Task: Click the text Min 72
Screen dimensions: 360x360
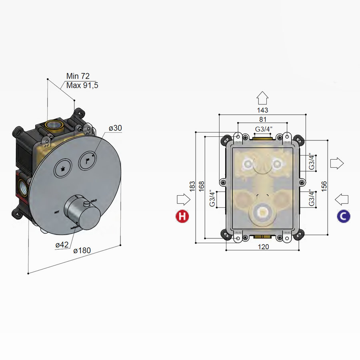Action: point(78,76)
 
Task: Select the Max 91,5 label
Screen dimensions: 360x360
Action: point(82,85)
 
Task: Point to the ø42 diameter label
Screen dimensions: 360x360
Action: point(62,245)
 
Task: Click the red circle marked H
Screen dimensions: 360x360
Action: point(182,216)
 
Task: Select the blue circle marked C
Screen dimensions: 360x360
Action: point(344,216)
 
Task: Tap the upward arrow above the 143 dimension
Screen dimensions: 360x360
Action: point(262,97)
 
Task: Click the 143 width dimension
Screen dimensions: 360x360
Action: point(262,110)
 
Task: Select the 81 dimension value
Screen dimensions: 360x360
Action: point(262,119)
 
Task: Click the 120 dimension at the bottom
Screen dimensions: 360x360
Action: point(263,247)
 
